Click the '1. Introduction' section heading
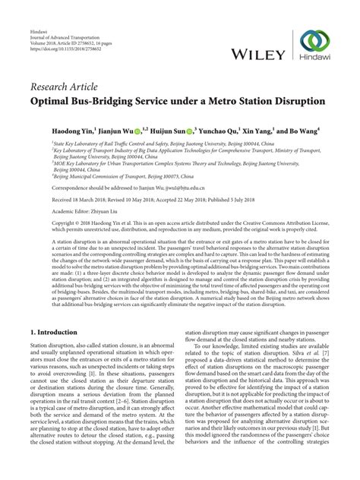pos(55,354)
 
